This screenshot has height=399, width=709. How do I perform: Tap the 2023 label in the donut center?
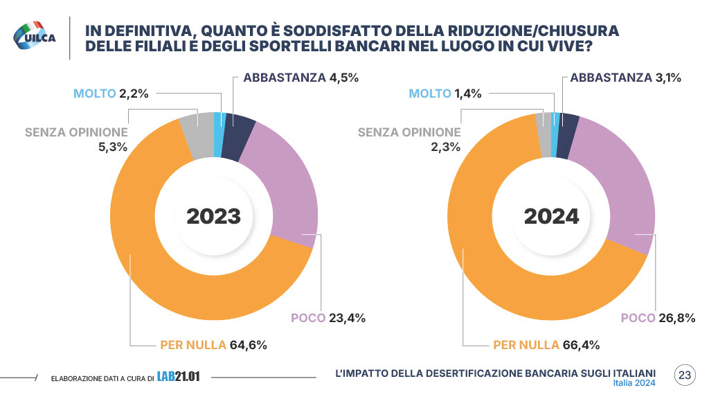[x=213, y=216]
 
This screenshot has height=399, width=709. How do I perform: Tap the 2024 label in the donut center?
[x=551, y=216]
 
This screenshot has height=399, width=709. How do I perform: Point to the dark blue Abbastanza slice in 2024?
[x=567, y=126]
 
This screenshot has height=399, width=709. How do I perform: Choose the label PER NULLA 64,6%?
[x=213, y=344]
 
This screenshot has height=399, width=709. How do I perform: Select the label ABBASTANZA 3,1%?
[x=625, y=78]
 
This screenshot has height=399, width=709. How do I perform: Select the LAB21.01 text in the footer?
[x=178, y=377]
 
